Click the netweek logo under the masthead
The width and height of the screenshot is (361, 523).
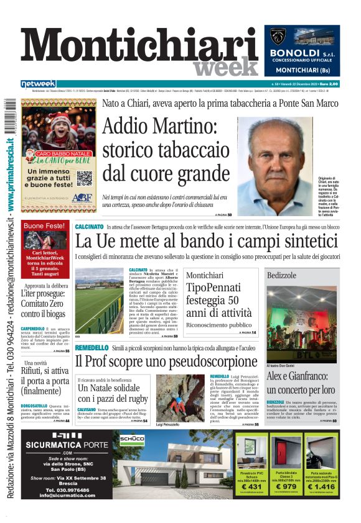[x=39, y=83]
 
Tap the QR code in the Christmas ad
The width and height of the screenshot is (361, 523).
[x=84, y=178]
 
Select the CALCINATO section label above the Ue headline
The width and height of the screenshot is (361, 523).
[x=89, y=227]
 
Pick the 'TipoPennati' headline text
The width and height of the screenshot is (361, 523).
[x=213, y=288]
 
